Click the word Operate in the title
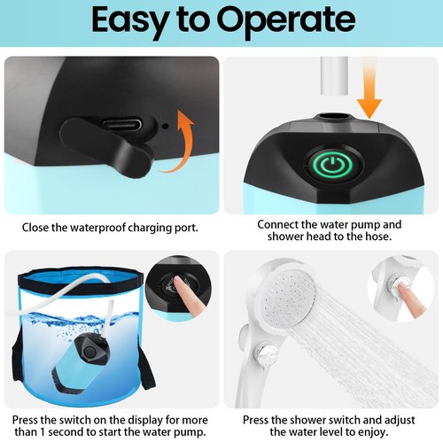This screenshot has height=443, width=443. coord(286,21)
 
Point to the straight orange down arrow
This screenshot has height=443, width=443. coord(369,89)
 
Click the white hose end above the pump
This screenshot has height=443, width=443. coord(334,76)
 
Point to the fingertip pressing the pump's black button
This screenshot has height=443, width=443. coord(177,280)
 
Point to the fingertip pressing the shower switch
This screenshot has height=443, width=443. coord(401,286)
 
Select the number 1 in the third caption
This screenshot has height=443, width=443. coord(43,432)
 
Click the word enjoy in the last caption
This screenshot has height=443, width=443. coord(372,432)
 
